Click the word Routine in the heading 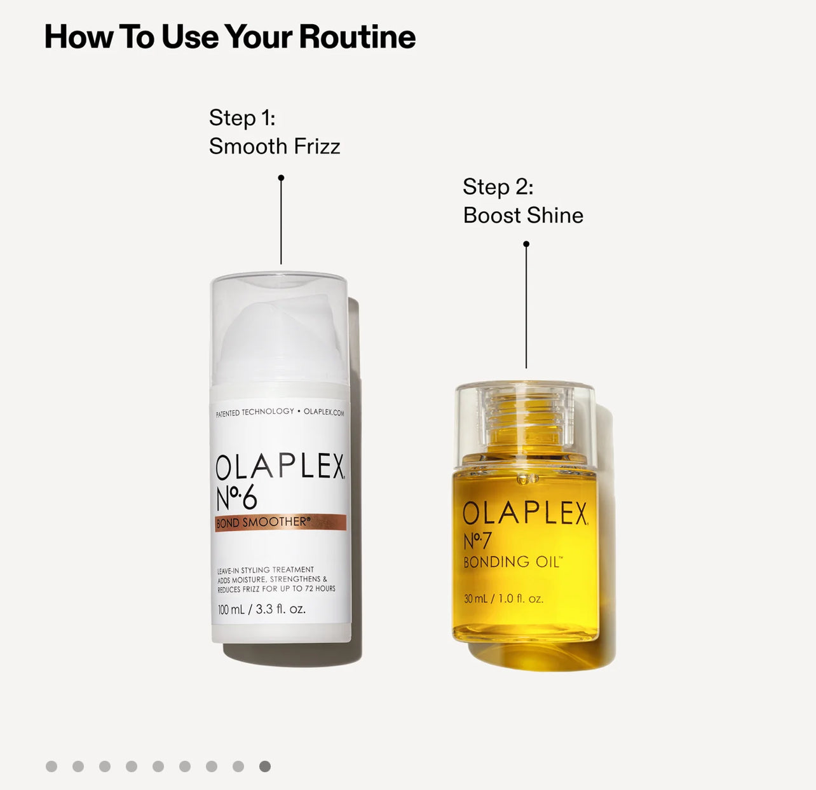pyautogui.click(x=357, y=37)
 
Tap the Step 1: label pyautogui.click(x=242, y=118)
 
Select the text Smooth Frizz pyautogui.click(x=275, y=146)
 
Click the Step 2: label pyautogui.click(x=498, y=187)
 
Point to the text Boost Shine pyautogui.click(x=523, y=216)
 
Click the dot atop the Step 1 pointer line pyautogui.click(x=281, y=178)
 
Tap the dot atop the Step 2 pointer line pyautogui.click(x=526, y=244)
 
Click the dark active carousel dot pyautogui.click(x=265, y=766)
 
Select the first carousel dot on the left pyautogui.click(x=51, y=766)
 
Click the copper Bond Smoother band pyautogui.click(x=280, y=523)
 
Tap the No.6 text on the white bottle pyautogui.click(x=236, y=498)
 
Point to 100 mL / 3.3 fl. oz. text pyautogui.click(x=262, y=609)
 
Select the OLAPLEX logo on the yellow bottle pyautogui.click(x=526, y=513)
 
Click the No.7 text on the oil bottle pyautogui.click(x=477, y=540)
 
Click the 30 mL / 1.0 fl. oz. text pyautogui.click(x=503, y=599)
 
